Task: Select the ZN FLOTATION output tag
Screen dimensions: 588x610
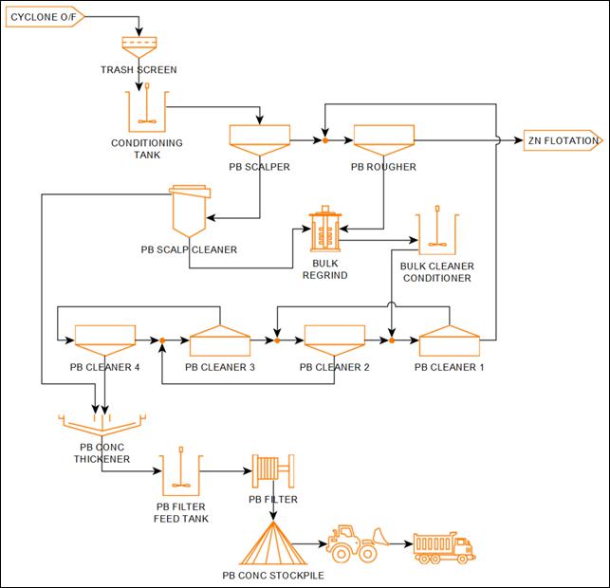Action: coord(563,141)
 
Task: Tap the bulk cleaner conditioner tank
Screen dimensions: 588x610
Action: coord(437,230)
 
